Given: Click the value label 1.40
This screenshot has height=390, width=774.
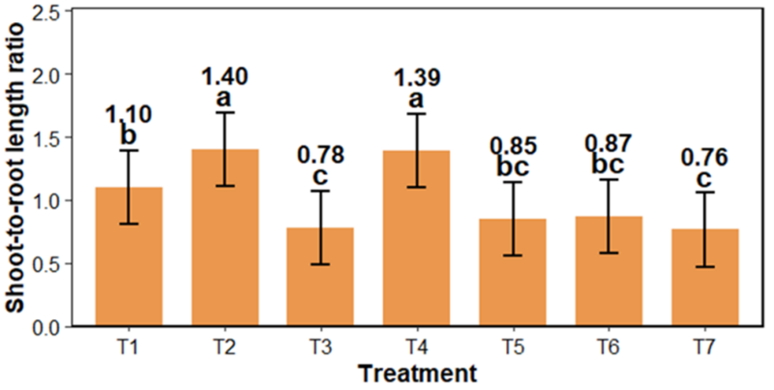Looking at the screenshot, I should (x=224, y=75).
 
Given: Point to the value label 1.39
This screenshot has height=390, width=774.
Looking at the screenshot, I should (x=416, y=75).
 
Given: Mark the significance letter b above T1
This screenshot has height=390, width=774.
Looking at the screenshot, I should (x=129, y=135).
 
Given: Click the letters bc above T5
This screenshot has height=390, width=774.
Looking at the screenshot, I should (x=513, y=166).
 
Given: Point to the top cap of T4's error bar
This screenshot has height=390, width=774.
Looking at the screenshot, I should (x=416, y=114).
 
